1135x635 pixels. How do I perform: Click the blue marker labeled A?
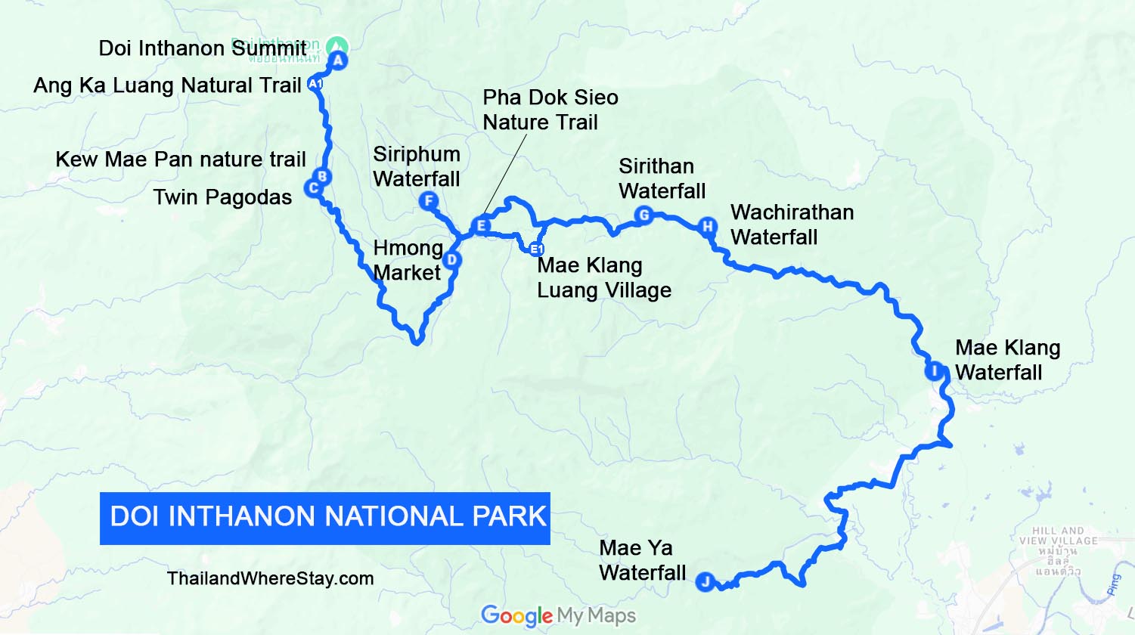338,60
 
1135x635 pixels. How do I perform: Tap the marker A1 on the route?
315,84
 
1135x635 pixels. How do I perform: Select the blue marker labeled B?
322,177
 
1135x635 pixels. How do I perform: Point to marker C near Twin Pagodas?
313,188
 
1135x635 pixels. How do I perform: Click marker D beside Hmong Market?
451,260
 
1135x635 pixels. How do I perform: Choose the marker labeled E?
480,225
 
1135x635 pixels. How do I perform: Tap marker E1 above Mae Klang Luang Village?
536,249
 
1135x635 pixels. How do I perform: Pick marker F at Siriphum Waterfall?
428,200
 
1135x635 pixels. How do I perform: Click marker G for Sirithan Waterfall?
643,215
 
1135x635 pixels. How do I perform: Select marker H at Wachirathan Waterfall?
707,226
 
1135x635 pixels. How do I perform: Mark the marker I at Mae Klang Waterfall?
935,371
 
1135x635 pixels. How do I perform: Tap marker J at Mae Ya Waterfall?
705,581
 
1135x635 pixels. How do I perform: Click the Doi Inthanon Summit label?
203,48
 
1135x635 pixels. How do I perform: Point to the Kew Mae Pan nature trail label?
181,160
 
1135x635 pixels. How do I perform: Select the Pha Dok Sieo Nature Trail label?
550,110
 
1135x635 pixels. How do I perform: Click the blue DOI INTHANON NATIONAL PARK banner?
324,518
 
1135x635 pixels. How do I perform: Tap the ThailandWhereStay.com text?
270,578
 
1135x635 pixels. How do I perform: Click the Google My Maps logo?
558,616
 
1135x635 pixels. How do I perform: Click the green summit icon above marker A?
338,45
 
